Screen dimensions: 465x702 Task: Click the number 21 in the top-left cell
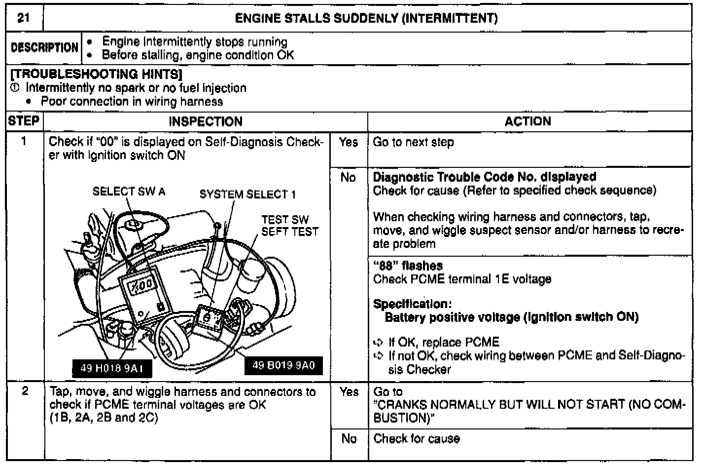tap(23, 19)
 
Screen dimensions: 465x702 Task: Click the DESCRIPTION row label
tap(44, 48)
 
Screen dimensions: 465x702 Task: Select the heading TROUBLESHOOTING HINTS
tap(96, 75)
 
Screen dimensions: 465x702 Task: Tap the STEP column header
tap(24, 121)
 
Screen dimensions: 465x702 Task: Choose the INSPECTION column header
tap(206, 121)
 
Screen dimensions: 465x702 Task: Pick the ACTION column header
tap(528, 121)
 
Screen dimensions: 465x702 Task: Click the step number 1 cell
tap(24, 142)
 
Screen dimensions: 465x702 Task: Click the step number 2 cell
tap(24, 391)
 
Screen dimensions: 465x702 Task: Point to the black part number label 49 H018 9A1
tap(111, 368)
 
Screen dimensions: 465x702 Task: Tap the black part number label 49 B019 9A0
tap(283, 365)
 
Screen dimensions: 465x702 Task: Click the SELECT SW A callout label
tap(129, 192)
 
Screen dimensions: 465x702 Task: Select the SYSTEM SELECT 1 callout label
tap(247, 194)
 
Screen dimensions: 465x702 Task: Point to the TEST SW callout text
tap(285, 220)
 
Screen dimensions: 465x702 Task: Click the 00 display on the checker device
tap(143, 285)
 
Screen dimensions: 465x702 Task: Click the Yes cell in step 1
tap(349, 142)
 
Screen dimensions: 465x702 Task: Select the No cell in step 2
tap(349, 438)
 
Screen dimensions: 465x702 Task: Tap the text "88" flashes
tap(408, 266)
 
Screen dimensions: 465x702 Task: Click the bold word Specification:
tap(412, 304)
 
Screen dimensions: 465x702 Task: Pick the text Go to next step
tap(413, 143)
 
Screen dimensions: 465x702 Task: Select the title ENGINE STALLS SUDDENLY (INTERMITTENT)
tap(366, 19)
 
